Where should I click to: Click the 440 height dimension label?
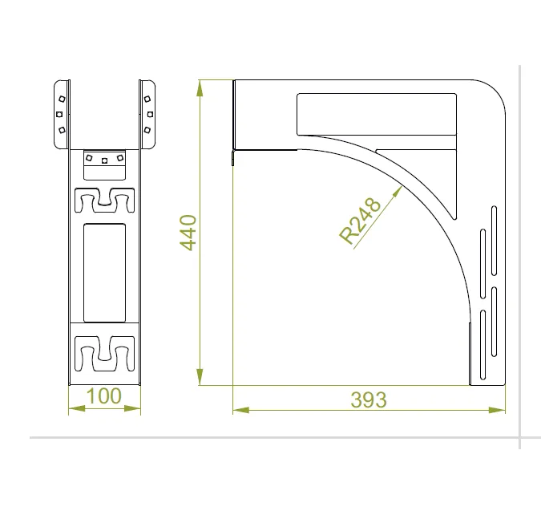pyautogui.click(x=188, y=233)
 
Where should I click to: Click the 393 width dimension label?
pyautogui.click(x=369, y=399)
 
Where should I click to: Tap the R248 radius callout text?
pyautogui.click(x=360, y=221)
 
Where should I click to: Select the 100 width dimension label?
pyautogui.click(x=104, y=395)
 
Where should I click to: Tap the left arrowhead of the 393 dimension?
pyautogui.click(x=240, y=411)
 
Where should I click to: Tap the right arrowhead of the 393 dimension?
pyautogui.click(x=497, y=411)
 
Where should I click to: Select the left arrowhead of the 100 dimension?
pyautogui.click(x=77, y=409)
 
